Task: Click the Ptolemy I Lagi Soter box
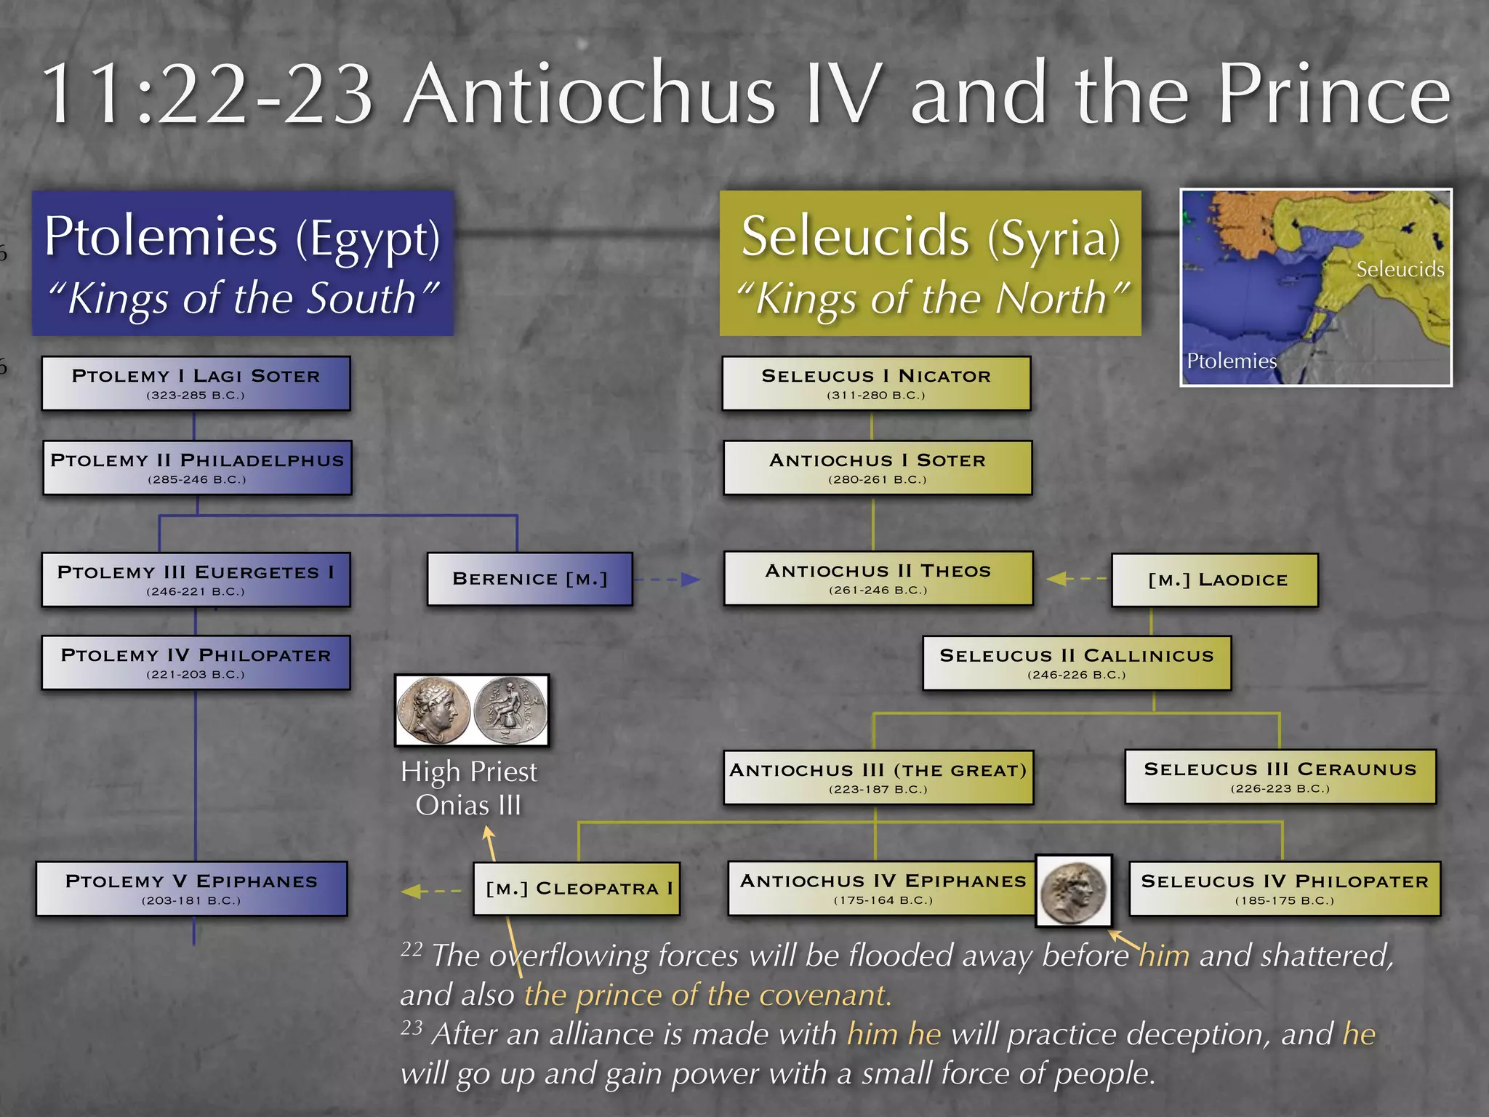196,383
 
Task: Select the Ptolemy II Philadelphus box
197,468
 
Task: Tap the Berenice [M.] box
529,579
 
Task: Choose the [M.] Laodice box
1215,580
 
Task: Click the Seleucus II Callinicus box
1077,662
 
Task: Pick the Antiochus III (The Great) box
878,777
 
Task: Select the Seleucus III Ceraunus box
1280,777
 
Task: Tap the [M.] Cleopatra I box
577,889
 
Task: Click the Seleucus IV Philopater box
1285,889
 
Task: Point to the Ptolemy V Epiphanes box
191,889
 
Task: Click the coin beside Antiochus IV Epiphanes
1074,891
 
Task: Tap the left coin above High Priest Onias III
433,710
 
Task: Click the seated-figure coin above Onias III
510,710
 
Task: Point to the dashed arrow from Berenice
667,580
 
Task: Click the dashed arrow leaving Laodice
1077,579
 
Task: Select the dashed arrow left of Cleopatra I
431,891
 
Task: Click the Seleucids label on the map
1400,270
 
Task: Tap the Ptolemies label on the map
1231,361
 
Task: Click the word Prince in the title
1334,95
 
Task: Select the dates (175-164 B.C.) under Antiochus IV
883,900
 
